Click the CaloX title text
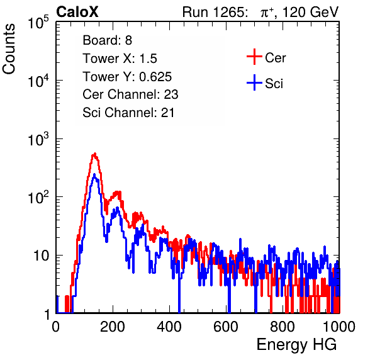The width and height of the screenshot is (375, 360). click(77, 12)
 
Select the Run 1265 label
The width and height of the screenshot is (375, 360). click(214, 12)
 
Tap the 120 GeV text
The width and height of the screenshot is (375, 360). click(310, 12)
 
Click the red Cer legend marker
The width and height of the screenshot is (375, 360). click(254, 57)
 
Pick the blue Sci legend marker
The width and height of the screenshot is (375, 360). click(254, 82)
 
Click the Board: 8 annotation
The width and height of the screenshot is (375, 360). click(107, 40)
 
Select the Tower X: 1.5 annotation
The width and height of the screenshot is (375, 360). click(120, 59)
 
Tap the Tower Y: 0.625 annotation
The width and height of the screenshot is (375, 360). click(127, 77)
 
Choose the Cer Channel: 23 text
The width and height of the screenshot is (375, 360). click(130, 94)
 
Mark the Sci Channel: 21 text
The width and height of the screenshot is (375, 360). click(128, 113)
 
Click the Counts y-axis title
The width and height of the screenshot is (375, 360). click(9, 49)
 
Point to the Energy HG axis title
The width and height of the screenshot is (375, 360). click(296, 345)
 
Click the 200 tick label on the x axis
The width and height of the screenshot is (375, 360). click(113, 327)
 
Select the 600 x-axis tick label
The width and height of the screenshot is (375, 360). click(226, 327)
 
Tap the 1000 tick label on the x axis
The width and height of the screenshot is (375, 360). click(339, 327)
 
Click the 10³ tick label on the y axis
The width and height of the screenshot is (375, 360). click(38, 139)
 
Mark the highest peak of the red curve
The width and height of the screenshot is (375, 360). click(95, 154)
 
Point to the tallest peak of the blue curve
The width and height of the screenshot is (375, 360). click(94, 174)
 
